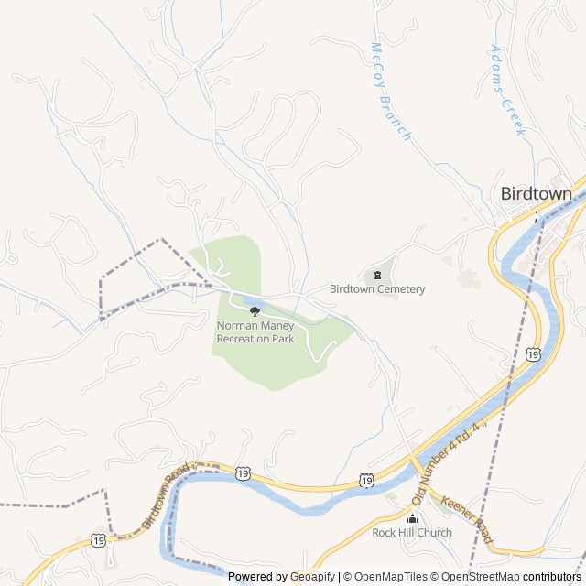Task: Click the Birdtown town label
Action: coord(536,194)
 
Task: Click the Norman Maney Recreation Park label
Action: coord(255,332)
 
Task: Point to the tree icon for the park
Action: coord(255,311)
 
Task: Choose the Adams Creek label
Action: coord(508,90)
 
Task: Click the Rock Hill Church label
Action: coord(412,533)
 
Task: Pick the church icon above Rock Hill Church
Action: coord(412,518)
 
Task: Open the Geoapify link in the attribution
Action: coord(311,577)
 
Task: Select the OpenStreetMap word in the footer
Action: coord(482,577)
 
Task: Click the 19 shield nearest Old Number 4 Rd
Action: coord(366,479)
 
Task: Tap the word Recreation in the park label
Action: coord(244,339)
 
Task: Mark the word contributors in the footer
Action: coord(552,577)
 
